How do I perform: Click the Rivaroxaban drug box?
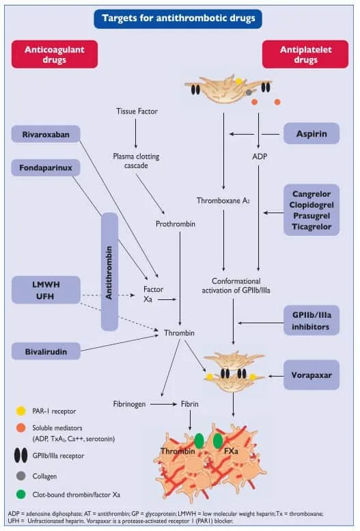click(46, 134)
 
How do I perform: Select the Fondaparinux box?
click(46, 167)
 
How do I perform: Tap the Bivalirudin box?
click(46, 351)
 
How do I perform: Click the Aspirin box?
click(311, 133)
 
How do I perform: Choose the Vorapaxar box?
click(311, 375)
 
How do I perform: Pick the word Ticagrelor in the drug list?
click(311, 227)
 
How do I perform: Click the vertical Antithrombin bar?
click(109, 271)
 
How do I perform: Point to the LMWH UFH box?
click(46, 290)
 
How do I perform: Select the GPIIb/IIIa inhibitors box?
click(311, 321)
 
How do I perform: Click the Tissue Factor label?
click(137, 111)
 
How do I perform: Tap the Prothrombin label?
click(176, 224)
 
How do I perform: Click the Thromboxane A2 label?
click(223, 200)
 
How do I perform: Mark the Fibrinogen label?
click(129, 404)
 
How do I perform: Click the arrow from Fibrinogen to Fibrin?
click(163, 404)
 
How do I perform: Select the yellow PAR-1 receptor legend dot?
click(21, 411)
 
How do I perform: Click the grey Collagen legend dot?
click(21, 476)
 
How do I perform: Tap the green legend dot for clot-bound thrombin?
click(21, 494)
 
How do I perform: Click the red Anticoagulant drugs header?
click(55, 54)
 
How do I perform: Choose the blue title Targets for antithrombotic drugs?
click(178, 18)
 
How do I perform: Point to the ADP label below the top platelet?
click(260, 156)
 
